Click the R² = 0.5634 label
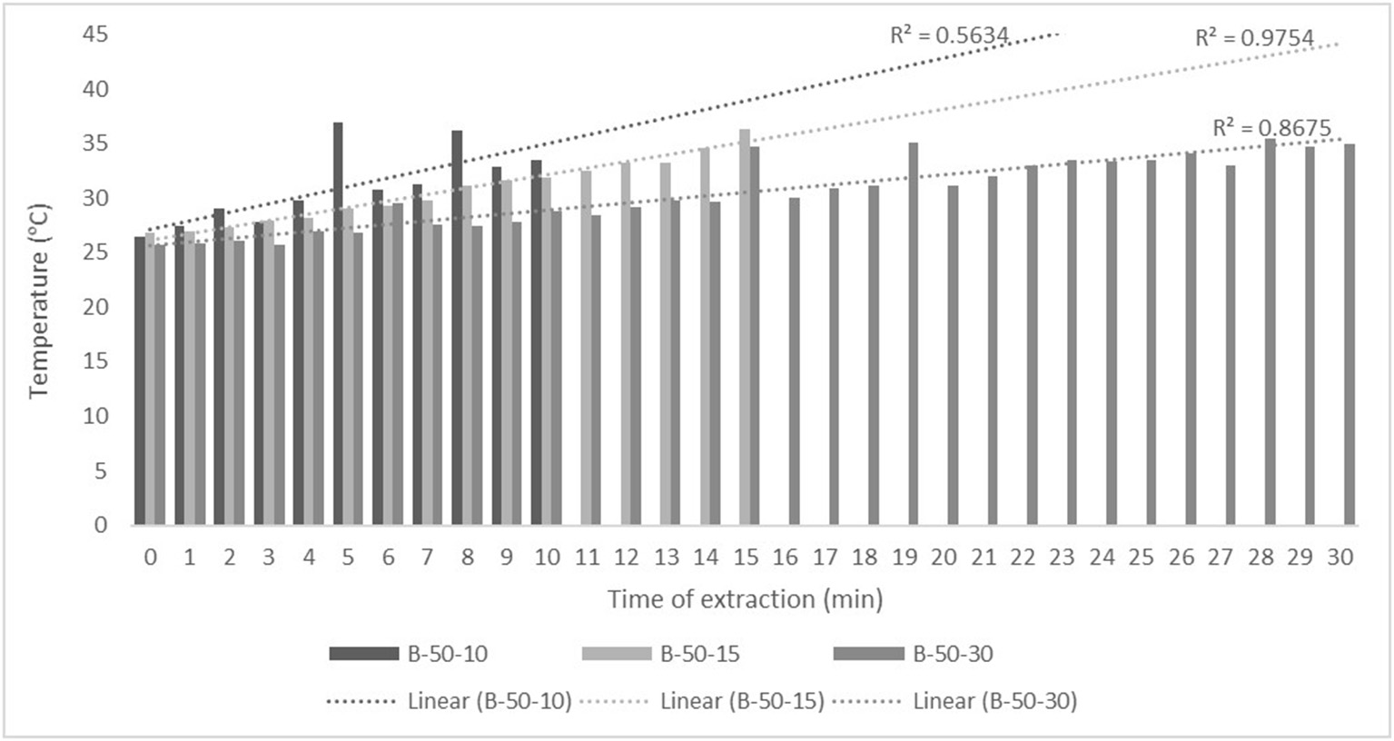point(949,35)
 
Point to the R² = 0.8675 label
point(1272,128)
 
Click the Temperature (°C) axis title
point(38,300)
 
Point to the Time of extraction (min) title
point(745,599)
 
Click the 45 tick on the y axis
point(95,35)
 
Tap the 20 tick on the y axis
point(95,307)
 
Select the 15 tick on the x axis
point(746,557)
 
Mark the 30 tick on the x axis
point(1340,557)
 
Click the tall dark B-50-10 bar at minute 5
point(338,323)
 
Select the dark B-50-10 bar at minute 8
point(457,327)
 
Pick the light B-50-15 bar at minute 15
point(745,327)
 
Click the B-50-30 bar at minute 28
point(1270,331)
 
